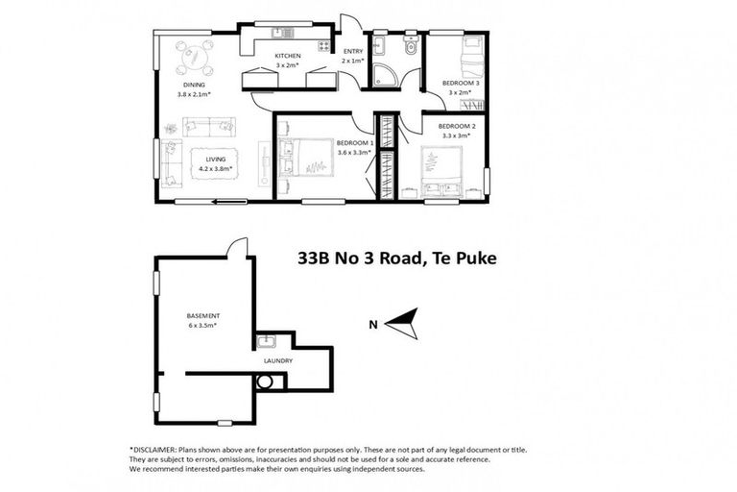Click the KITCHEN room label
pos(288,56)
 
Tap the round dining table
pos(196,59)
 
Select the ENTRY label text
pos(353,51)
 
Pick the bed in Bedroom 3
pos(474,59)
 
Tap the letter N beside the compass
pos(373,324)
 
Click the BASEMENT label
pos(202,316)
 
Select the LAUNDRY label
pos(278,360)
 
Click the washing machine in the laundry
pos(265,381)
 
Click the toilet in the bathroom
pos(411,48)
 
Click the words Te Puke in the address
pos(462,258)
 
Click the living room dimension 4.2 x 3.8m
pos(216,169)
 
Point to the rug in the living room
pos(216,163)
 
